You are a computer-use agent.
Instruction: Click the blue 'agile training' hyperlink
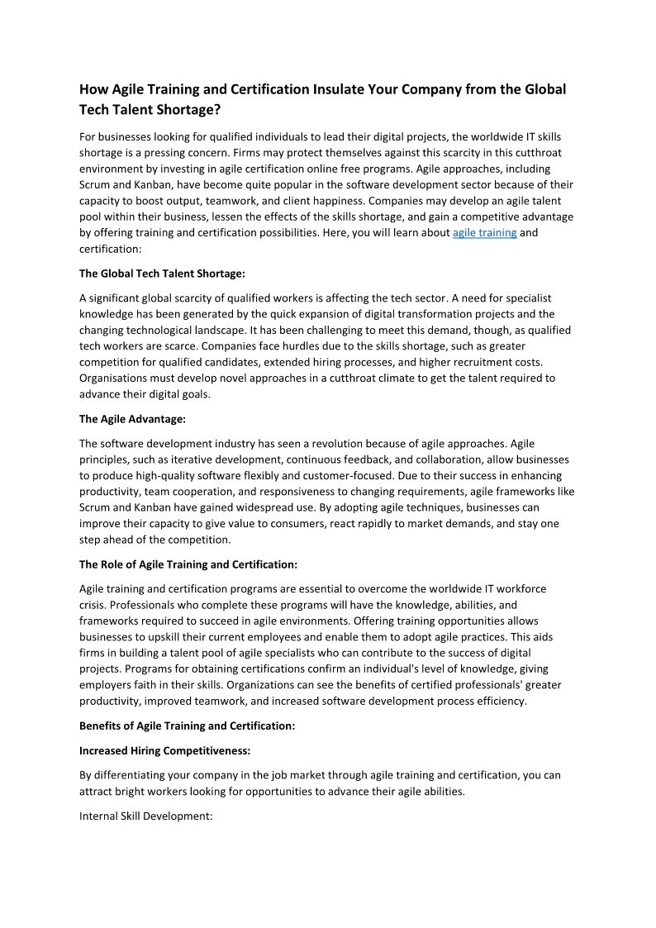point(484,233)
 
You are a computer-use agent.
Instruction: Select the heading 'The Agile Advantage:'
point(132,419)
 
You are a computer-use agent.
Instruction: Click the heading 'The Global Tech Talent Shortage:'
point(162,273)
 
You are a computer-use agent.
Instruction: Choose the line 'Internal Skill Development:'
point(146,816)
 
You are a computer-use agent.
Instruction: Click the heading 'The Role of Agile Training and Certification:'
point(188,565)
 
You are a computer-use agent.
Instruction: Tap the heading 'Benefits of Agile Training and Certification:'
point(187,726)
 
